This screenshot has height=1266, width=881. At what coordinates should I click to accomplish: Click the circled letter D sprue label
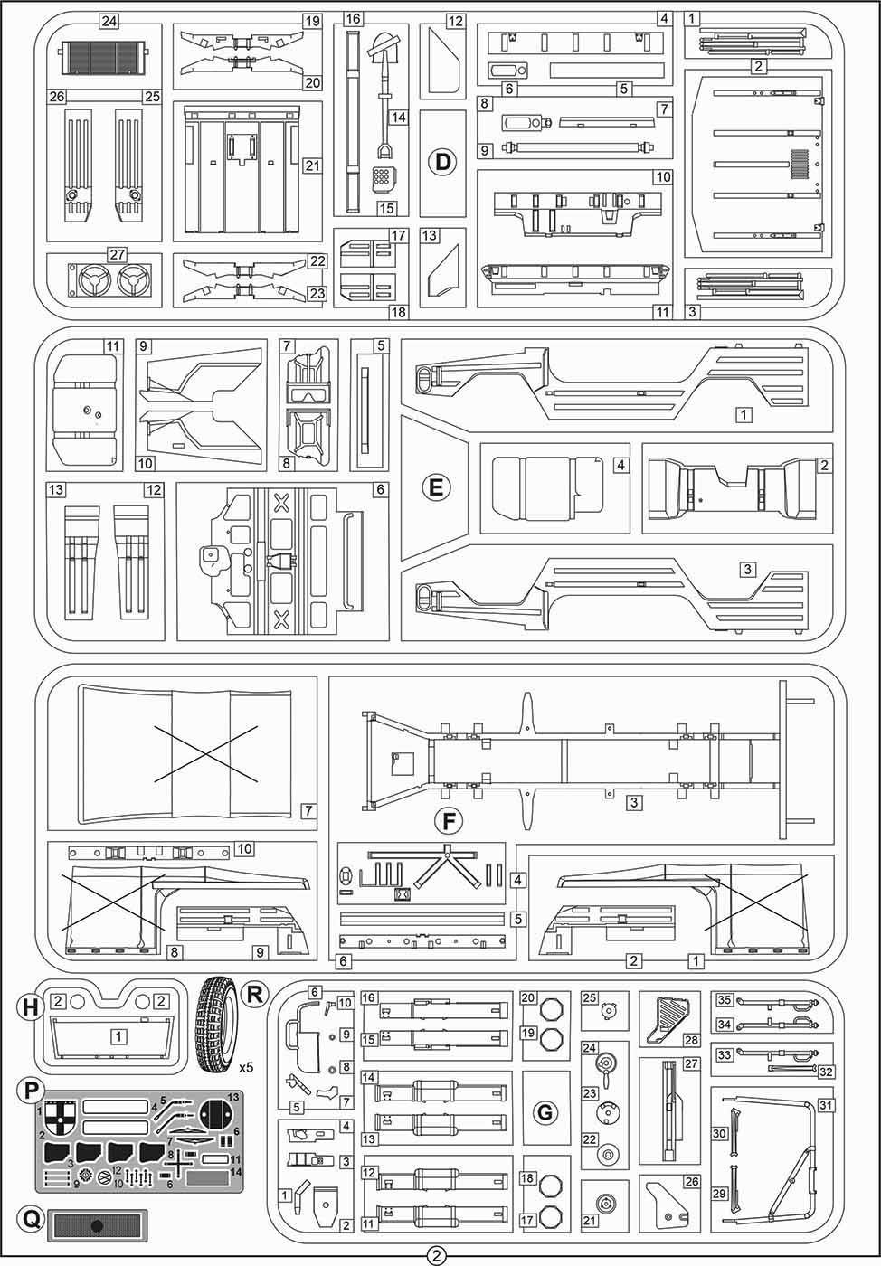[x=442, y=162]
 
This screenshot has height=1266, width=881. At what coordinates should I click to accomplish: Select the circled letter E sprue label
[x=436, y=487]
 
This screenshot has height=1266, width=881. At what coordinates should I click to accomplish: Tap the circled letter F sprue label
[x=448, y=821]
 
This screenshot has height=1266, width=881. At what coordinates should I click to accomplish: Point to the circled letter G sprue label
[x=545, y=1112]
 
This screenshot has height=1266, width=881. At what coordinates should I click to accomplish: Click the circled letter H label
[x=31, y=1006]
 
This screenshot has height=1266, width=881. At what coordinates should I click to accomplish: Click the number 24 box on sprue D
[x=109, y=21]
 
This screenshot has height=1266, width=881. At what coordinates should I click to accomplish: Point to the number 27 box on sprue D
[x=117, y=254]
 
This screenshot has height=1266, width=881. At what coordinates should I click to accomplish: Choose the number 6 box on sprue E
[x=380, y=489]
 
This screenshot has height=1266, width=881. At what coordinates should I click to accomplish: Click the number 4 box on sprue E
[x=620, y=465]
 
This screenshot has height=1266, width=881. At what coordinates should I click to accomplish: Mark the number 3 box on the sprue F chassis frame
[x=635, y=802]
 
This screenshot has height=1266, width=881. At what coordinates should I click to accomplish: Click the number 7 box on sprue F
[x=308, y=811]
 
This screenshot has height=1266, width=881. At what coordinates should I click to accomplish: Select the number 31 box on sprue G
[x=825, y=1105]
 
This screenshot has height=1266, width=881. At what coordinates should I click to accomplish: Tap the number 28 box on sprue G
[x=692, y=1041]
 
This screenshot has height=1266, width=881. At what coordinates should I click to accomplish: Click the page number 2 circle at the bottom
[x=437, y=1255]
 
